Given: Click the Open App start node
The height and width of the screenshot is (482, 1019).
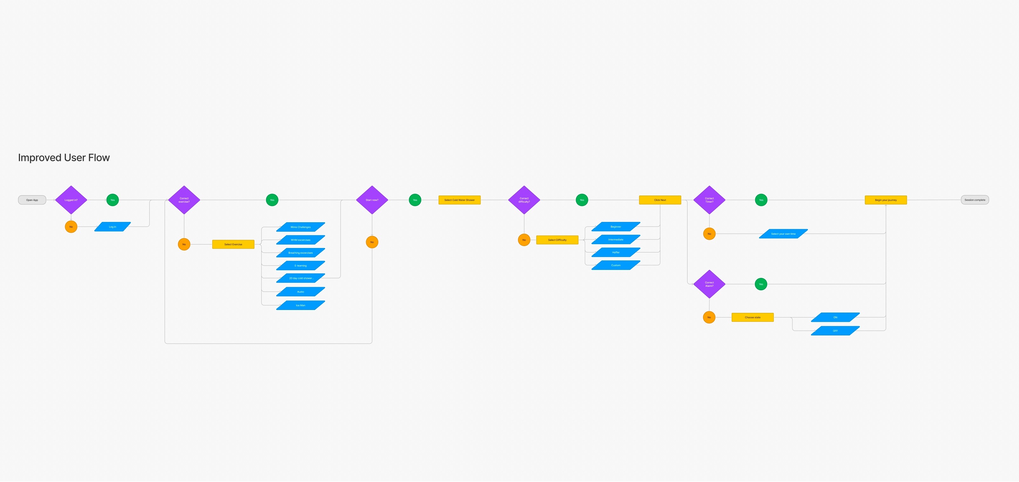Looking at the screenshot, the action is pyautogui.click(x=32, y=200).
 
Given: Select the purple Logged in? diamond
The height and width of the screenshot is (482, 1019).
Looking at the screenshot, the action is pyautogui.click(x=71, y=200).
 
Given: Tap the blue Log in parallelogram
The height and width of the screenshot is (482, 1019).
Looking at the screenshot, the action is pyautogui.click(x=112, y=227).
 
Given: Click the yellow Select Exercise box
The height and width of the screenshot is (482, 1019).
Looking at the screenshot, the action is pyautogui.click(x=233, y=244).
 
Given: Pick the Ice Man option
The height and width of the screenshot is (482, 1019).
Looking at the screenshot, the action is pyautogui.click(x=301, y=305).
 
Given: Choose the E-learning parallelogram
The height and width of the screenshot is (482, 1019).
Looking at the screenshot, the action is pyautogui.click(x=301, y=265).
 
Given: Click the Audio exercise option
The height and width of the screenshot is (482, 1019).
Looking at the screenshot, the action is pyautogui.click(x=301, y=292).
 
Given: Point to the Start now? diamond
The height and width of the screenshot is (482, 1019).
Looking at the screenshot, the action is pyautogui.click(x=372, y=200).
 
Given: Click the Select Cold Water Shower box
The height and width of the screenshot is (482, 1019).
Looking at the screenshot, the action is pyautogui.click(x=459, y=200).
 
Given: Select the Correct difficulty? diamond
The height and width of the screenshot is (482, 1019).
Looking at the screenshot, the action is pyautogui.click(x=524, y=200).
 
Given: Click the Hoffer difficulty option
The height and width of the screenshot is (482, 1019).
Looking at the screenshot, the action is pyautogui.click(x=616, y=252).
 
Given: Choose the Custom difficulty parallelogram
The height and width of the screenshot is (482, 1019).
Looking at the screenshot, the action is pyautogui.click(x=616, y=265).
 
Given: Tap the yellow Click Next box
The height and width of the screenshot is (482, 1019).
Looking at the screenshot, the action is pyautogui.click(x=660, y=200).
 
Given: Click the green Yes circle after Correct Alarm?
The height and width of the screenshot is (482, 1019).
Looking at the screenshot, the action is pyautogui.click(x=761, y=284).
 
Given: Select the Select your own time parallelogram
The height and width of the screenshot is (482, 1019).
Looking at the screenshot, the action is pyautogui.click(x=783, y=234).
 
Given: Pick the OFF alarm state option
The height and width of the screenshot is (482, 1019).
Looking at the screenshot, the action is pyautogui.click(x=835, y=330).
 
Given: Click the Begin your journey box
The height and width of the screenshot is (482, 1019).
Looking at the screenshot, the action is pyautogui.click(x=886, y=200).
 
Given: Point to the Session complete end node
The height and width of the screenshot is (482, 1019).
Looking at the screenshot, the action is pyautogui.click(x=975, y=200).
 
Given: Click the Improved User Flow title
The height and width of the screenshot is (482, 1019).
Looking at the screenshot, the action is pyautogui.click(x=64, y=157).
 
